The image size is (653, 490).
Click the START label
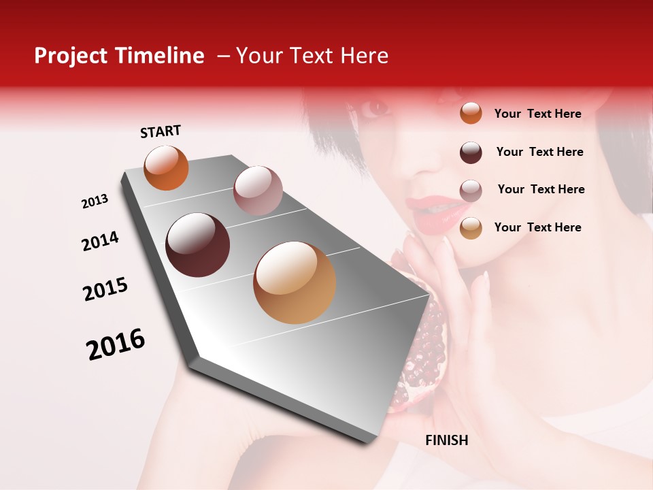coord(161,131)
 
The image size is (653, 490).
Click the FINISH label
coord(446,440)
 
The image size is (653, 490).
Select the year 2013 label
coord(95,201)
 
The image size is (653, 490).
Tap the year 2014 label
coord(100,241)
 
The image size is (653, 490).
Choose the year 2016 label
coord(116,344)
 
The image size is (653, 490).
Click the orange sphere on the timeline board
coord(166,167)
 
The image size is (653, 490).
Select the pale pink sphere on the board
coord(257,190)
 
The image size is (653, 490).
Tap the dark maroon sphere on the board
coord(197,245)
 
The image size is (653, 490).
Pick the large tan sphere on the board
coord(295,282)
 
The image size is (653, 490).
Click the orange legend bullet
coord(471,113)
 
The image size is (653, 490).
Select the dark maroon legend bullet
coord(471,152)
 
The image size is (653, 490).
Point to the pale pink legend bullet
coord(471,191)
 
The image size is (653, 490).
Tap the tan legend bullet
coord(471,228)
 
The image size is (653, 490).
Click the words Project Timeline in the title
coord(119,56)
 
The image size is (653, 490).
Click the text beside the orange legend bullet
coord(537,114)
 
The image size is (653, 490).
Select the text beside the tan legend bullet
coord(537,227)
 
